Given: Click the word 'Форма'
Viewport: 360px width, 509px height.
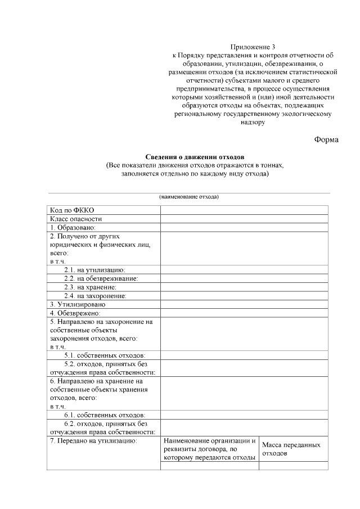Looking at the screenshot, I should [x=326, y=139].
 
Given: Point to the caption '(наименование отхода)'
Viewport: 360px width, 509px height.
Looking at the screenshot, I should [x=188, y=197].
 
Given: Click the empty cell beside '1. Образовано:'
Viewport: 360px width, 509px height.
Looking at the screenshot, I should [x=244, y=227].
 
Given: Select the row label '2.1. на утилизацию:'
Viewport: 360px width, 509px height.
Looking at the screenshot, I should [x=94, y=270].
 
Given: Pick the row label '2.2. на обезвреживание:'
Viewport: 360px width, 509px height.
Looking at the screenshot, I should [x=101, y=278].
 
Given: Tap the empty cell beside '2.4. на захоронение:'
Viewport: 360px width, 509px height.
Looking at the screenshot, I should [x=244, y=295].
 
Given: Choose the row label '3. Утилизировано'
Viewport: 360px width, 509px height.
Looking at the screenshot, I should [x=77, y=304].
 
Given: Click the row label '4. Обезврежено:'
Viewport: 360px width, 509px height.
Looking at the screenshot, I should [x=75, y=313].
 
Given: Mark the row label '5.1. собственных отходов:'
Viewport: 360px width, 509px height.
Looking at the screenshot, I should [x=105, y=355].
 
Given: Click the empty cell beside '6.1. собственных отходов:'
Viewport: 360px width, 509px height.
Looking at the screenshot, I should [x=244, y=415].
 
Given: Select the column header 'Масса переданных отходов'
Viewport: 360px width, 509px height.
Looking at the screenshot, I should [x=291, y=448].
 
